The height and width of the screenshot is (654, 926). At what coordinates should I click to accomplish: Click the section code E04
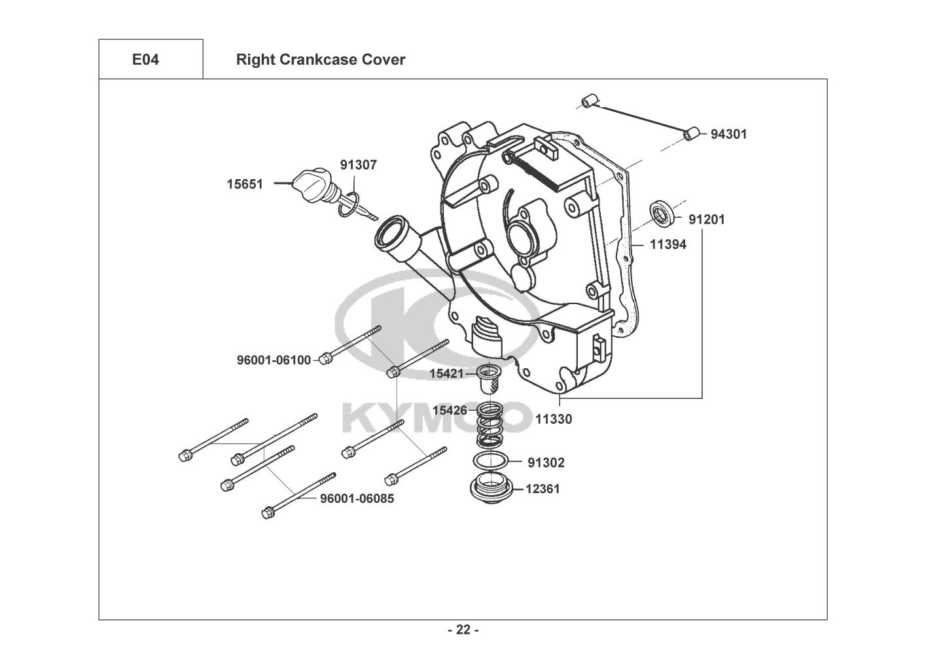coord(145,60)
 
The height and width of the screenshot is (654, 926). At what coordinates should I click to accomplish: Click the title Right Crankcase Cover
coord(321,60)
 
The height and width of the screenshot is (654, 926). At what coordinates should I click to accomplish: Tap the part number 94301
coord(729,134)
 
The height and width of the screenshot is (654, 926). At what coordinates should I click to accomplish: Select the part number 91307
coord(359,165)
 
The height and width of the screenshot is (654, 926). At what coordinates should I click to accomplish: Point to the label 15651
coord(245,184)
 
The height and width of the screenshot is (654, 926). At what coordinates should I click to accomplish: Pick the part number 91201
coord(707,219)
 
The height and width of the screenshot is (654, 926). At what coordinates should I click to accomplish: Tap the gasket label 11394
coord(668,245)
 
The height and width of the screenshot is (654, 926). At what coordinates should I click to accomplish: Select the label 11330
coord(554,419)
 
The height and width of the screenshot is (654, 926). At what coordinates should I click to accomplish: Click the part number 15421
coord(447,374)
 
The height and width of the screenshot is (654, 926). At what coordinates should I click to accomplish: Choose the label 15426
coord(450,411)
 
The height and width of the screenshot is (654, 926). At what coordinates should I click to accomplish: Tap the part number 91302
coord(546,463)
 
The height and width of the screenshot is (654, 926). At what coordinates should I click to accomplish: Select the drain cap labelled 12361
coord(491,490)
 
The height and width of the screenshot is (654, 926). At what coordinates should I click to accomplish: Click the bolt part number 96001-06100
coord(274,360)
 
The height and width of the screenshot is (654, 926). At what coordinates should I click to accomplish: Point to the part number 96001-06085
coord(357,498)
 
